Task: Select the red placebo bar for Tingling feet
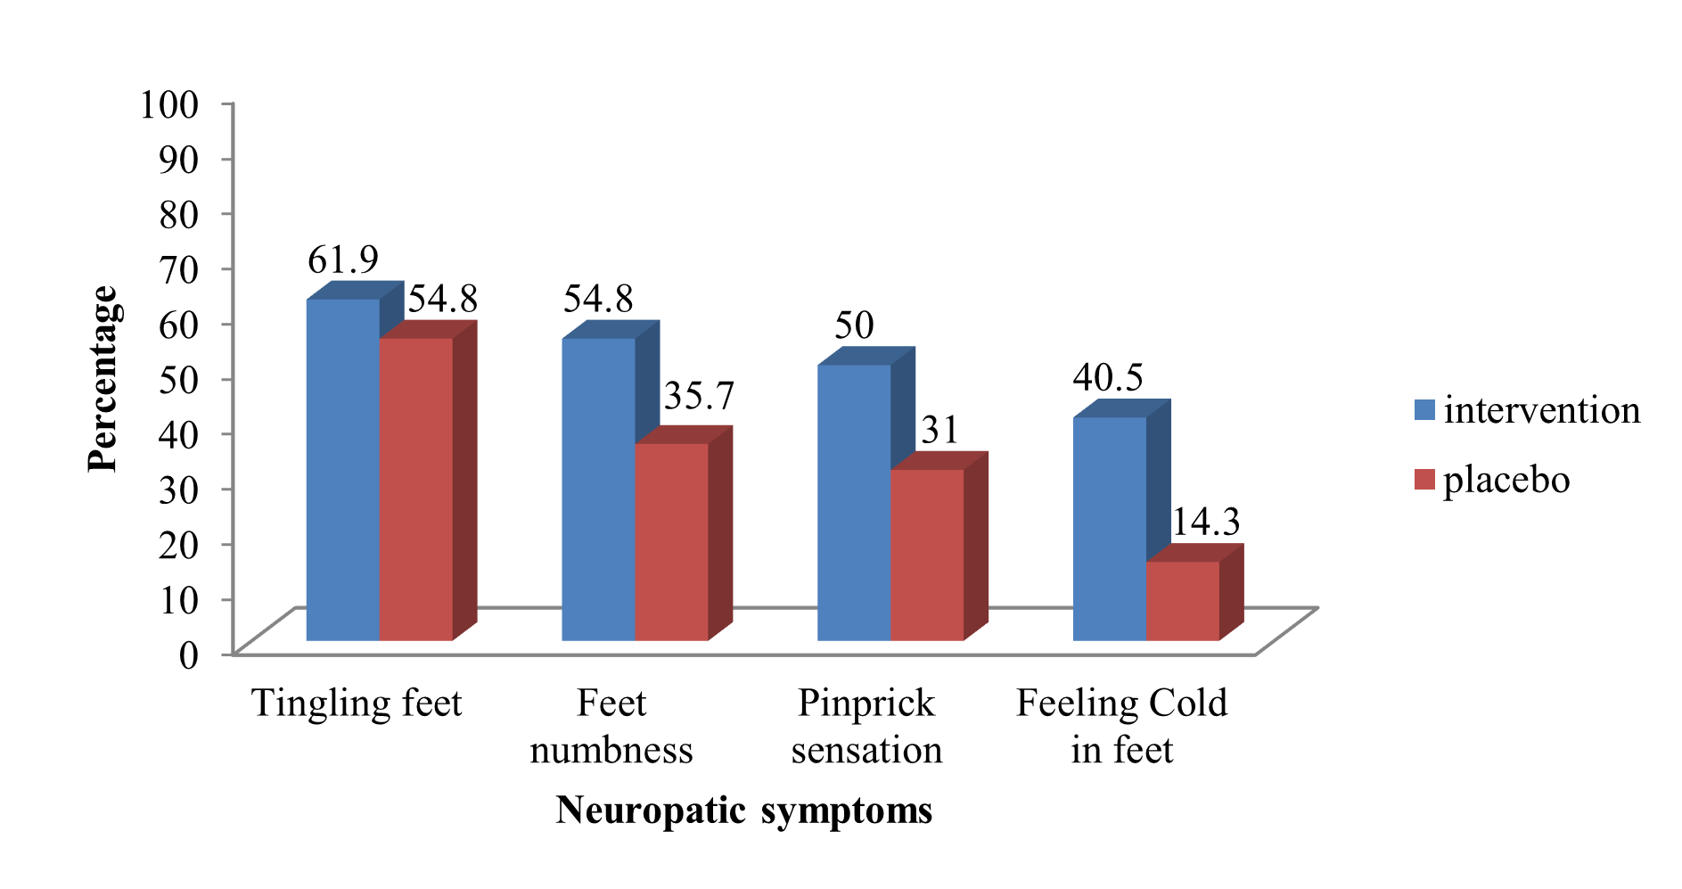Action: pyautogui.click(x=416, y=489)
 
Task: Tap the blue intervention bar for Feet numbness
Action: pyautogui.click(x=598, y=490)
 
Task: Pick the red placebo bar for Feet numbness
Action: pyautogui.click(x=671, y=541)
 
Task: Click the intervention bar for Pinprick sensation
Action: pyautogui.click(x=854, y=502)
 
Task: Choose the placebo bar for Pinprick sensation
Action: pyautogui.click(x=927, y=555)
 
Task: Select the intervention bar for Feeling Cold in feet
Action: pyautogui.click(x=1109, y=528)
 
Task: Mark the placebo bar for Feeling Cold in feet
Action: pyautogui.click(x=1182, y=600)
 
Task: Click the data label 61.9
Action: pyautogui.click(x=343, y=259)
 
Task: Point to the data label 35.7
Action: pyautogui.click(x=699, y=396)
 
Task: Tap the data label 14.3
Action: pyautogui.click(x=1205, y=523)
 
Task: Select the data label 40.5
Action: pyautogui.click(x=1108, y=377)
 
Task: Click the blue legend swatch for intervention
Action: pyautogui.click(x=1424, y=410)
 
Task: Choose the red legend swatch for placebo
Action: pyautogui.click(x=1424, y=480)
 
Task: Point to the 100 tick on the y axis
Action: pyautogui.click(x=169, y=104)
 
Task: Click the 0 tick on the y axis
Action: pyautogui.click(x=188, y=654)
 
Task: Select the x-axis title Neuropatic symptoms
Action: pyautogui.click(x=744, y=811)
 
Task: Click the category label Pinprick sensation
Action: pyautogui.click(x=866, y=726)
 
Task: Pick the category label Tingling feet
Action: pyautogui.click(x=357, y=703)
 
